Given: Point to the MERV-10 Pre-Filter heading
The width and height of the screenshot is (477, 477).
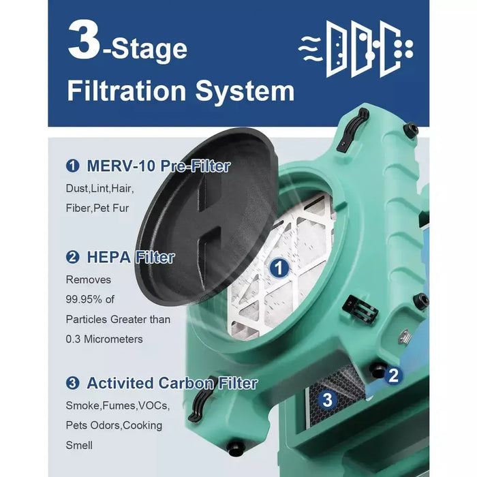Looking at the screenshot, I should tap(157, 166).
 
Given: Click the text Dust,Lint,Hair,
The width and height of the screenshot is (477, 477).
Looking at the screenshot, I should tap(99, 187).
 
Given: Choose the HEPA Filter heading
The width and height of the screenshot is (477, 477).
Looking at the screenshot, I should tap(130, 257).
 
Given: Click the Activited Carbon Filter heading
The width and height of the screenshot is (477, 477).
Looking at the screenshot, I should tap(171, 383).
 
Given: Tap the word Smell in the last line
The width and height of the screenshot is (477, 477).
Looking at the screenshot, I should tap(80, 445).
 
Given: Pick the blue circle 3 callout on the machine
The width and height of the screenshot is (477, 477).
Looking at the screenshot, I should tap(327, 400).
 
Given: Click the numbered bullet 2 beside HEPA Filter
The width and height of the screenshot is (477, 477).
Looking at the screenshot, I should tap(72, 257).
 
